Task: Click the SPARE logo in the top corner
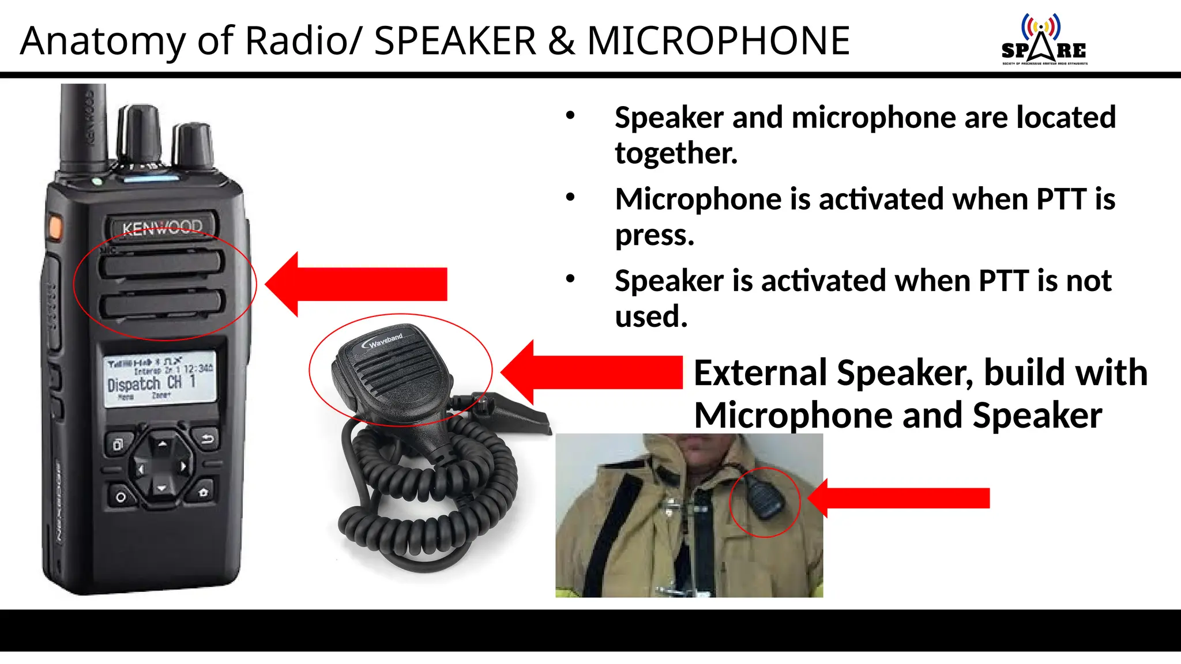(1044, 40)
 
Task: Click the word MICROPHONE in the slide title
(718, 41)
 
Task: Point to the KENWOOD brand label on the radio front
(162, 228)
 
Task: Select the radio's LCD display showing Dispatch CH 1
(160, 378)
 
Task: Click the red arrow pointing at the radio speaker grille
(358, 284)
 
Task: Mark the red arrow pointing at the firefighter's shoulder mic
(900, 498)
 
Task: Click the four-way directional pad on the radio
(162, 466)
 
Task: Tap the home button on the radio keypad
(203, 493)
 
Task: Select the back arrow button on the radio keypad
(207, 440)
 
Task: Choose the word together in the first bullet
(676, 153)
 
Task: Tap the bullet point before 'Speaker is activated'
(570, 280)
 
